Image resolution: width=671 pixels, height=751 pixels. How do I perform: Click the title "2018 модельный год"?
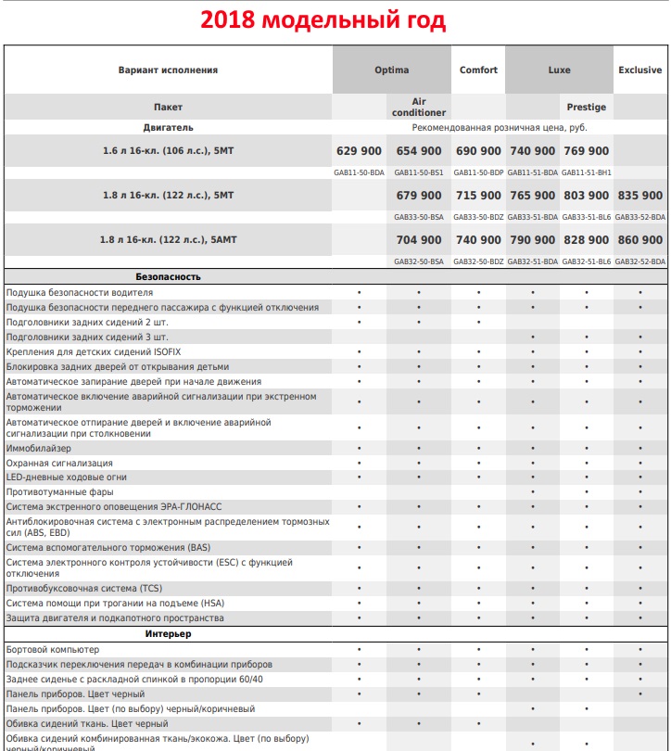coord(335,19)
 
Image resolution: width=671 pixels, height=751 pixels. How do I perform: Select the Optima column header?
coord(391,70)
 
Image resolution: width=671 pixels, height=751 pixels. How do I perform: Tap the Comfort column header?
coord(478,70)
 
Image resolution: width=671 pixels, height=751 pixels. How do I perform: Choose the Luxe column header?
coord(559,70)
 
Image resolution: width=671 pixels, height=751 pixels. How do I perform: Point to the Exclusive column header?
coord(640,70)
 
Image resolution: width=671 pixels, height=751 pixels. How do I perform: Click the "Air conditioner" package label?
coord(419,107)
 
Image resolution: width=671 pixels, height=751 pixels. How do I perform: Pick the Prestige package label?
coord(586,108)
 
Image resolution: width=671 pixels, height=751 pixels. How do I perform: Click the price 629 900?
coord(359,151)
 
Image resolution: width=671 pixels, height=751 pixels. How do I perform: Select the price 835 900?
coord(640,196)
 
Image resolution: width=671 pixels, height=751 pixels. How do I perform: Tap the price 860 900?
coord(640,240)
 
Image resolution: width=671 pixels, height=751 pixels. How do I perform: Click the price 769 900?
coord(587,151)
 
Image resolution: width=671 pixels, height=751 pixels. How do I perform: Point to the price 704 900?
coord(419,240)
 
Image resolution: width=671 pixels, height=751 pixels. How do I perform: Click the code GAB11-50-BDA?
coord(359,172)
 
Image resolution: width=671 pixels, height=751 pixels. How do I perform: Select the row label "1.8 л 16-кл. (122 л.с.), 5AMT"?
coord(169,240)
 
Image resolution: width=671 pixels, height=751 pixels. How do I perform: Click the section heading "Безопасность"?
coord(168,277)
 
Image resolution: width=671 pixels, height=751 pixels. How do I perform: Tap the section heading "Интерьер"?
coord(168,634)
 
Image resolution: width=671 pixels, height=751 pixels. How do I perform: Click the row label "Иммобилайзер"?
coord(39,448)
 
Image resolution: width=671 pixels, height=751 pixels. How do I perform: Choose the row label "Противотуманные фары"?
coord(60,491)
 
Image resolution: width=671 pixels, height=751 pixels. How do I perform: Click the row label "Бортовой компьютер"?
coord(53,649)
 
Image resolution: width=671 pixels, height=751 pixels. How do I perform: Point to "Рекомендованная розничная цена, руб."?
coord(500,127)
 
